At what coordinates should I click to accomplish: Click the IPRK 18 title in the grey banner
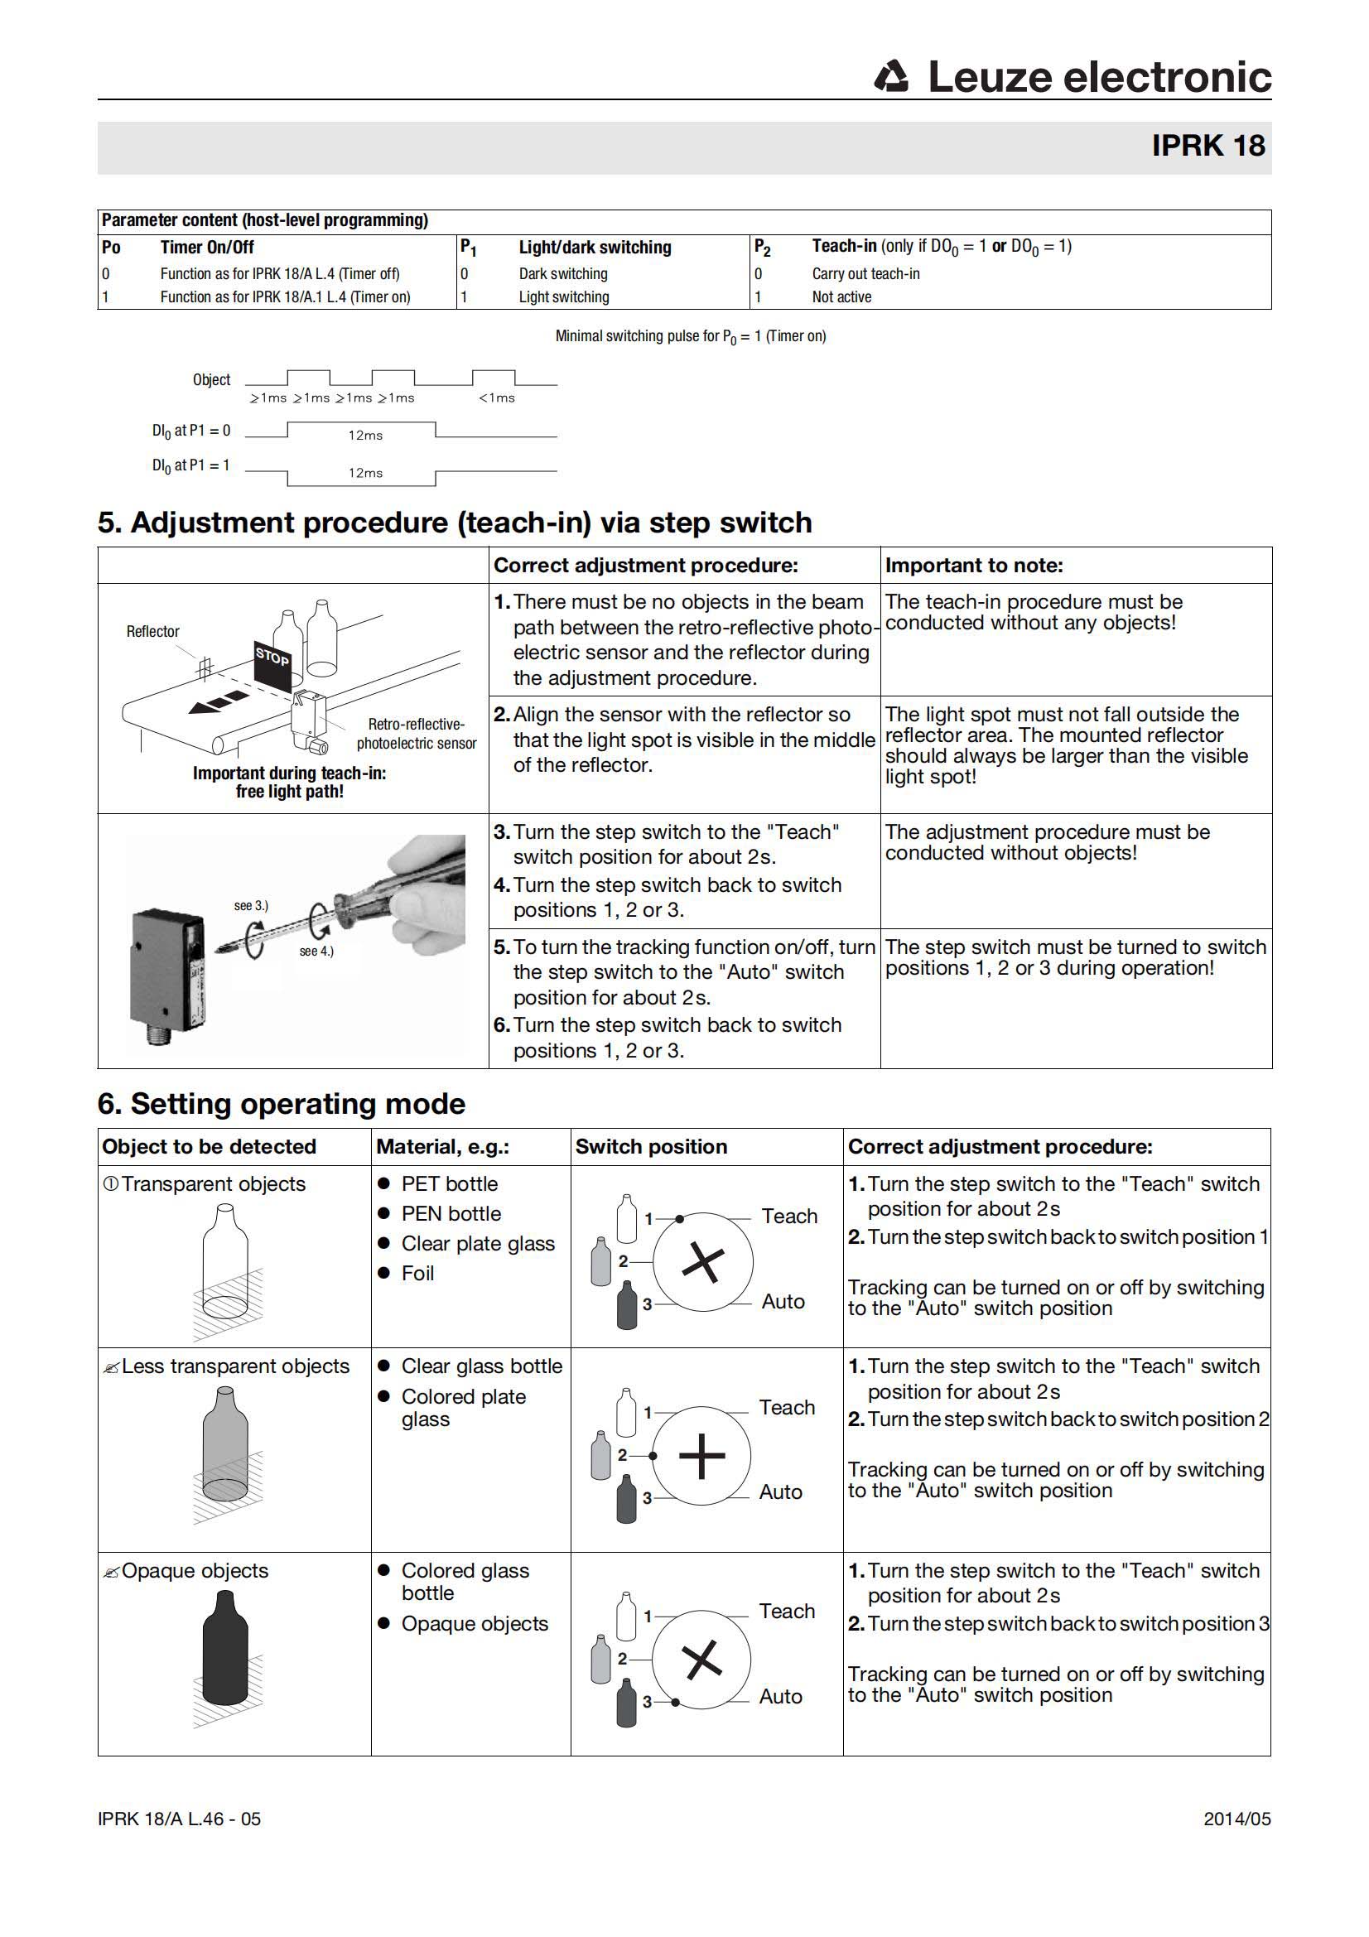(1207, 146)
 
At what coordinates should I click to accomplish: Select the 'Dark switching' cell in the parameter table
(562, 274)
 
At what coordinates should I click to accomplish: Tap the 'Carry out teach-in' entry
(865, 274)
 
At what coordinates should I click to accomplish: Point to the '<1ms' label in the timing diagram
(496, 398)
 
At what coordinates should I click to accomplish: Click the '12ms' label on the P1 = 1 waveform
(365, 474)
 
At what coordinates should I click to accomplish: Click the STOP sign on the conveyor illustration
(272, 657)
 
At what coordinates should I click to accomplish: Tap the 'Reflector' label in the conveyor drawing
(152, 632)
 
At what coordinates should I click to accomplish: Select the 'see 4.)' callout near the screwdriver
(316, 952)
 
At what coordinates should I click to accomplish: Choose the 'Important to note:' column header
(973, 566)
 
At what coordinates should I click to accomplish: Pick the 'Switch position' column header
(650, 1147)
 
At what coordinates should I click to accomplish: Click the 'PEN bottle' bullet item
(451, 1214)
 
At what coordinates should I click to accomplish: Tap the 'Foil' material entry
(417, 1274)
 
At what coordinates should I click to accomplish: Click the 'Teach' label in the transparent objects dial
(788, 1217)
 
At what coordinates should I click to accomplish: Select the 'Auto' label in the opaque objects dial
(780, 1697)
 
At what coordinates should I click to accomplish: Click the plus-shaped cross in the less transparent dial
(701, 1456)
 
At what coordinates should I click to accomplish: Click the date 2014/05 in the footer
(1236, 1819)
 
